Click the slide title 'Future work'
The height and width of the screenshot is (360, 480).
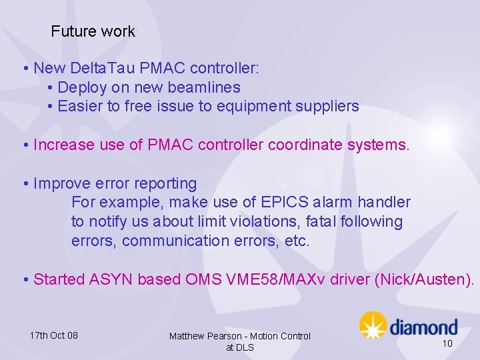click(93, 31)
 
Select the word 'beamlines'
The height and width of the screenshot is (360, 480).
click(207, 87)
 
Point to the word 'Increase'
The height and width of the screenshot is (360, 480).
click(62, 145)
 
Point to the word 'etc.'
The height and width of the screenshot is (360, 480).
click(297, 241)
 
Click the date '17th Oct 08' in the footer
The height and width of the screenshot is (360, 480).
click(53, 335)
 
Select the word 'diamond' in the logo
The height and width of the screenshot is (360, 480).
click(423, 327)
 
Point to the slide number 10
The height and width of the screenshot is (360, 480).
click(447, 343)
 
